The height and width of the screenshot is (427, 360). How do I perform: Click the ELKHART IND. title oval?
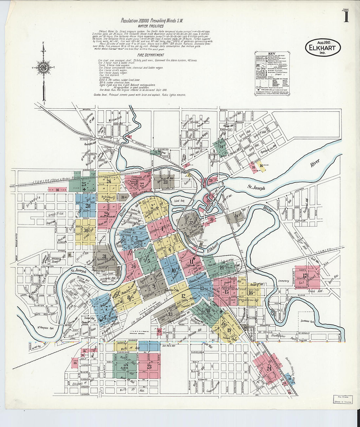[x=323, y=48]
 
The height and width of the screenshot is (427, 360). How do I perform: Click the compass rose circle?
[x=43, y=68]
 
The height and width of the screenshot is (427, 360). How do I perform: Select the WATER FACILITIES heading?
[x=151, y=26]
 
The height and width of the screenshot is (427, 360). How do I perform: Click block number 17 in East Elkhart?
[x=305, y=276]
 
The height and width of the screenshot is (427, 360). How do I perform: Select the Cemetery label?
[x=283, y=281]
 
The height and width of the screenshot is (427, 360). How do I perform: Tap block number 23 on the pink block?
[x=149, y=367]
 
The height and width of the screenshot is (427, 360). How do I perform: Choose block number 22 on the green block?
[x=125, y=367]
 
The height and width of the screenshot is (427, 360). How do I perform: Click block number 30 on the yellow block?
[x=86, y=230]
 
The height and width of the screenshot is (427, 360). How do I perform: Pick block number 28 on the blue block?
[x=87, y=206]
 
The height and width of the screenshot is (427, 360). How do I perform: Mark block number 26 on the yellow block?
[x=109, y=181]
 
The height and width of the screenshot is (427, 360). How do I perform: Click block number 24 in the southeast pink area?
[x=269, y=368]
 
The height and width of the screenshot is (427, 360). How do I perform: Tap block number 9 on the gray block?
[x=153, y=286]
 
